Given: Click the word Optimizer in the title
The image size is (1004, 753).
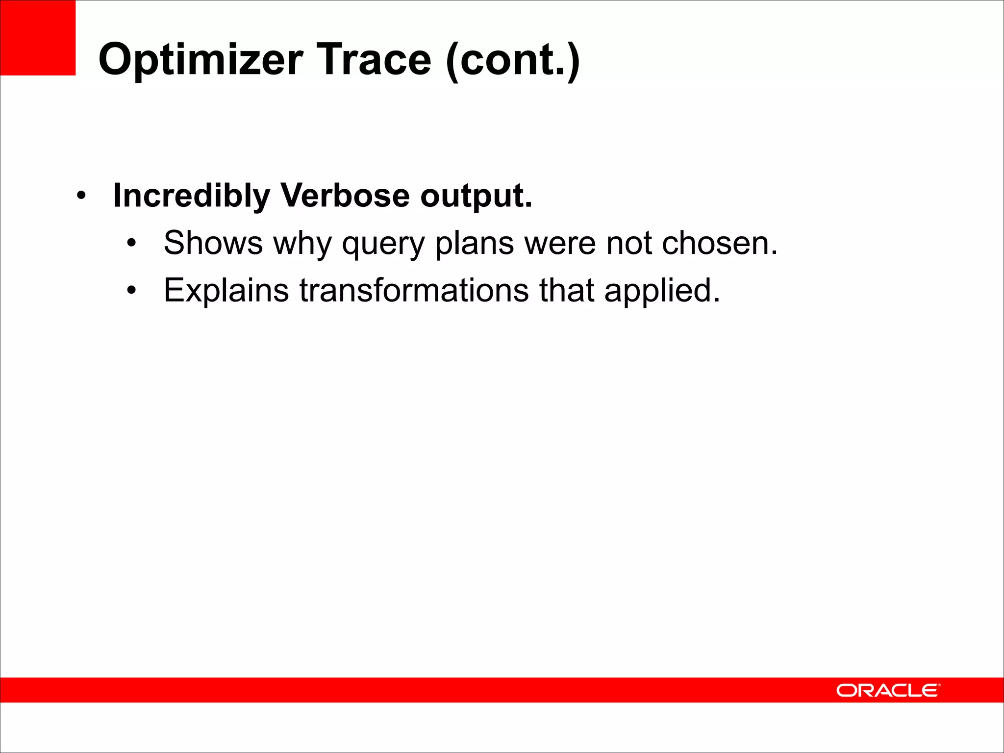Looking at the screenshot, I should (x=201, y=60).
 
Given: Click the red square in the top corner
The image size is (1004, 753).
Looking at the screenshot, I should (x=38, y=38).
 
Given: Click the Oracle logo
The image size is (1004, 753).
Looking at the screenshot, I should (x=888, y=690).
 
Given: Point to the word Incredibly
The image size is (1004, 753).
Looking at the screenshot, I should (x=191, y=196).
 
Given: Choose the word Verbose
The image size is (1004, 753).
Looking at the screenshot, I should (x=345, y=195).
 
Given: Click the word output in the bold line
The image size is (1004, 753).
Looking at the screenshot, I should (x=476, y=196).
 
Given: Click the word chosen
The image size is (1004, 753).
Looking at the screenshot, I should (x=719, y=243).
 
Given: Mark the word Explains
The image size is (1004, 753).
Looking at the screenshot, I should (x=226, y=291).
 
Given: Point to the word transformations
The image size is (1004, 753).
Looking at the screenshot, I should (x=414, y=290).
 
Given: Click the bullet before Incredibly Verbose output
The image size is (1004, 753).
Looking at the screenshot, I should (x=81, y=196).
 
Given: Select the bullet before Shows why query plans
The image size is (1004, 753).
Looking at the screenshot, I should (x=131, y=243).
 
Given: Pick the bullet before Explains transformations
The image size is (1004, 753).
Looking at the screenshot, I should (x=131, y=291).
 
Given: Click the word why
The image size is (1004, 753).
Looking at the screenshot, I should (x=302, y=244).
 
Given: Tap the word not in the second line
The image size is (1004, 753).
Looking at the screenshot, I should (x=629, y=243).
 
